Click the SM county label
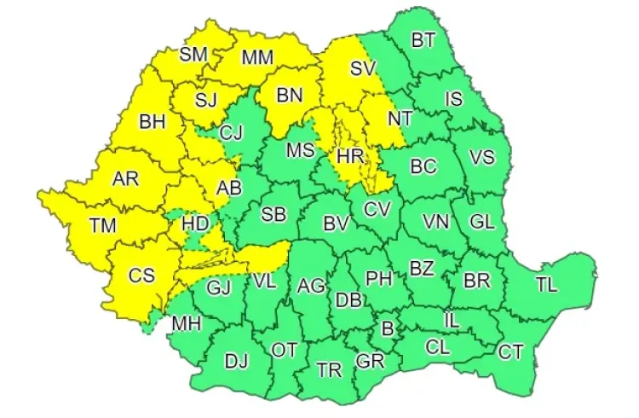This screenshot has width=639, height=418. [193, 54]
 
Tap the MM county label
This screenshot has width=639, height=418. [256, 59]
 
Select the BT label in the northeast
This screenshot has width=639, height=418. [423, 39]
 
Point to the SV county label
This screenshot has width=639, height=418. [364, 67]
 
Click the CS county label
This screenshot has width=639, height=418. [141, 276]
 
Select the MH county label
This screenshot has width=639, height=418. [185, 325]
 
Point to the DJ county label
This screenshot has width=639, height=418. [235, 361]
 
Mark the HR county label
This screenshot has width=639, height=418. [350, 156]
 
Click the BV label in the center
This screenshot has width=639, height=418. [337, 224]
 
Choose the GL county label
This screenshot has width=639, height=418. [481, 222]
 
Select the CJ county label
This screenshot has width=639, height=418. [231, 132]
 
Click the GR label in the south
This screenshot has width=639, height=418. [371, 361]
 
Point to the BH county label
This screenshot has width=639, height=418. [152, 122]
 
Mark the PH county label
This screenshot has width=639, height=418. [379, 277]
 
